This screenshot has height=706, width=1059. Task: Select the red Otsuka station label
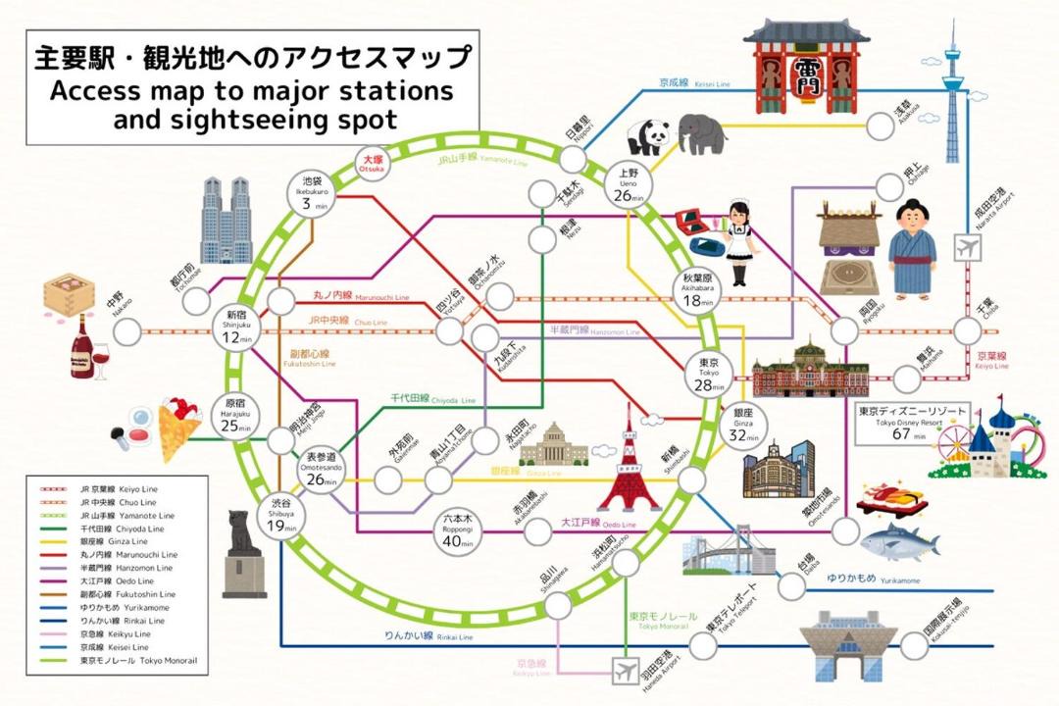tap(374, 163)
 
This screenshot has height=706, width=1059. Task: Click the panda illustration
tap(647, 137)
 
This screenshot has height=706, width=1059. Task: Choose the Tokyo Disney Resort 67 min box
tap(900, 424)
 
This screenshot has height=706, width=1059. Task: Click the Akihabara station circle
tap(698, 291)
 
